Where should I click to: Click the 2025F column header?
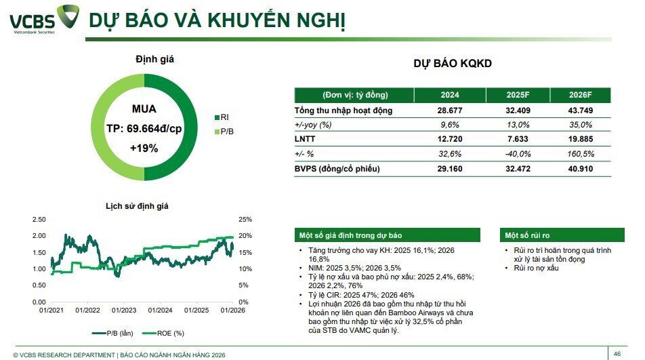coord(518,96)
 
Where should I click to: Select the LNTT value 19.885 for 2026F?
coord(580,139)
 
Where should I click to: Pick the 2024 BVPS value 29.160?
coord(449,168)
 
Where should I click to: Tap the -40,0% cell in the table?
coord(518,154)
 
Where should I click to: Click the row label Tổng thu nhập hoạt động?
coord(344,111)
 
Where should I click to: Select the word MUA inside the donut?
coord(144,108)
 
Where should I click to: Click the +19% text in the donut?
coord(144,147)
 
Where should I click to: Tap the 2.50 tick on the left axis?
coord(39,220)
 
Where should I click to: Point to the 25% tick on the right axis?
coord(245,220)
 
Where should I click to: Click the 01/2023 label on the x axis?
coord(124,311)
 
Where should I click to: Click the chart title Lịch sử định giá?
coord(136,205)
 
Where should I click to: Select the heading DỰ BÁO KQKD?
coord(453,64)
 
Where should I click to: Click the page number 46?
coord(617,353)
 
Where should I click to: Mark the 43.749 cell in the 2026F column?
coord(580,111)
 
